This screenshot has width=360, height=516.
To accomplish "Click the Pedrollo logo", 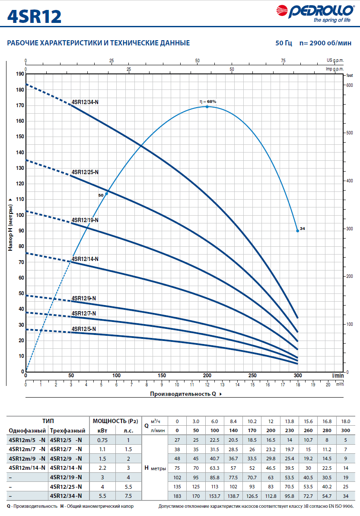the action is point(315,13).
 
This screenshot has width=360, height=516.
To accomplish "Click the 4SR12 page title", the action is point(34,16).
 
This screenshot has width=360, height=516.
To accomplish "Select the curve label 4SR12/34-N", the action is point(85,102).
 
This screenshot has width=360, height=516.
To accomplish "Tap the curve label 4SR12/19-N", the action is point(85,220).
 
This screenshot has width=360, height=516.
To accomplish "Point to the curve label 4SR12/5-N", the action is point(83,329).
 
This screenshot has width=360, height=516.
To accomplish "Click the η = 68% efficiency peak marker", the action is point(207,107).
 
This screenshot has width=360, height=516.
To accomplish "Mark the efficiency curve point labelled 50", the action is point(106,194).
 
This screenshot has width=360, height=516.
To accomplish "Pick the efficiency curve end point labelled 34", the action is point(298,231).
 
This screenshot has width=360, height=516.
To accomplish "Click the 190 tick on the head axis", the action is point(20,74).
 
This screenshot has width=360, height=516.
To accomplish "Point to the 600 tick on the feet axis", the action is point(350,85).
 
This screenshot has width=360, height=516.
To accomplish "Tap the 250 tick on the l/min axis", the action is point(252,376).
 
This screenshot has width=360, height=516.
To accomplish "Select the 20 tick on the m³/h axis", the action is point(328,384).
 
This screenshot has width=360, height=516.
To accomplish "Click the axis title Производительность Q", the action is point(183,394).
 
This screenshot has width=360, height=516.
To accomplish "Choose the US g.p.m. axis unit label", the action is point(335,61).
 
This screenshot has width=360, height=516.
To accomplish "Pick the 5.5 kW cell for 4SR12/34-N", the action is point(102,496).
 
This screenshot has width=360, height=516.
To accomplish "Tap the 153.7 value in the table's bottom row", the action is point(214,496).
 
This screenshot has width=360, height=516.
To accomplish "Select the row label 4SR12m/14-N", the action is point(27,468).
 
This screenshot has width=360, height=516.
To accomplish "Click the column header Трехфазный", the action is point(67,430).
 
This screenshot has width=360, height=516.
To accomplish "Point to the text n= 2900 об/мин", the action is point(325,43).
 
